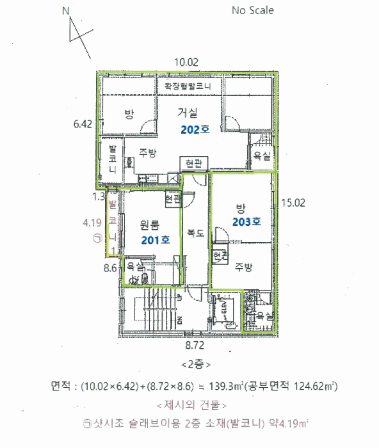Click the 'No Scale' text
252,10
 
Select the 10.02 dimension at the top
188,61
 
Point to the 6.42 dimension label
84,123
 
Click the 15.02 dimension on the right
294,202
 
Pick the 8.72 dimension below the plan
195,346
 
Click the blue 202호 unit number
195,128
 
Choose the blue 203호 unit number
247,222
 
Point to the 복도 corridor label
195,234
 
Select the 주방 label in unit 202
148,153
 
